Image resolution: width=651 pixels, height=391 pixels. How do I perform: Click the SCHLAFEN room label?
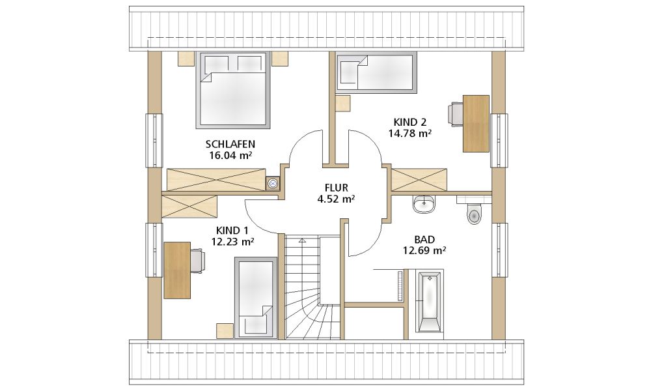(x=230, y=144)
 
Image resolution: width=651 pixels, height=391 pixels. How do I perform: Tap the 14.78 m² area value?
(x=409, y=134)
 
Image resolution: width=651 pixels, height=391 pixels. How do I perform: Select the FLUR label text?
(x=337, y=188)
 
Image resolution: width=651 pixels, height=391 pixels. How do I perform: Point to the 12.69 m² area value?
(x=424, y=250)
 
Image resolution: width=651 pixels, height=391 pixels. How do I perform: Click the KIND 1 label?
(x=232, y=230)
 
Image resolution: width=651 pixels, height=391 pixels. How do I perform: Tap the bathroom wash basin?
(x=424, y=203)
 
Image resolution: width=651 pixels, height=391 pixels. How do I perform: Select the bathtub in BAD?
(x=429, y=301)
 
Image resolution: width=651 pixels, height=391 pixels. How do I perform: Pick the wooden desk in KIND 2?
(x=477, y=123)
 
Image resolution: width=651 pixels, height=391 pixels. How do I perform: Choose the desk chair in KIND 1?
(x=197, y=261)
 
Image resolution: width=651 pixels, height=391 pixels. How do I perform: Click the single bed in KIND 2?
(x=376, y=71)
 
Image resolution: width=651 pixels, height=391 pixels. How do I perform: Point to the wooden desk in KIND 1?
(x=177, y=270)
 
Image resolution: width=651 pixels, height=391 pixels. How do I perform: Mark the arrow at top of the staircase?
(x=302, y=240)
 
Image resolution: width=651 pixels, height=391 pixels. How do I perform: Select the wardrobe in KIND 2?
(x=419, y=180)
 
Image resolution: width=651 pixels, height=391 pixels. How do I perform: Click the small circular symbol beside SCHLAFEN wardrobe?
(x=273, y=182)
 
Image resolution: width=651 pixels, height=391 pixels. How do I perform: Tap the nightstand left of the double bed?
(x=186, y=59)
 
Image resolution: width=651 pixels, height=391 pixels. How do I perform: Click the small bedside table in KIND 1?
(x=225, y=330)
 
